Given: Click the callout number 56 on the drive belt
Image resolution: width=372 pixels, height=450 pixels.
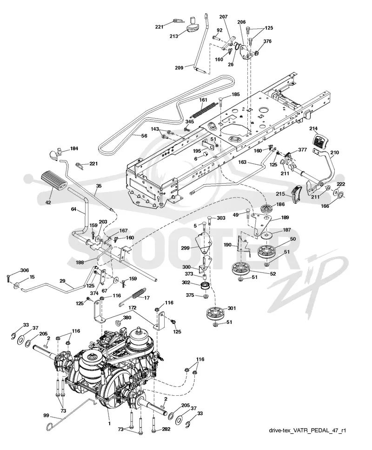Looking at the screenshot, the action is (x=144, y=136).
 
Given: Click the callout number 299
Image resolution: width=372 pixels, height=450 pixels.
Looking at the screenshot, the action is (x=185, y=248).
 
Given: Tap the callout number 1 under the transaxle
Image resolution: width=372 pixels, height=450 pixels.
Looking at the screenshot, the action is (x=109, y=423).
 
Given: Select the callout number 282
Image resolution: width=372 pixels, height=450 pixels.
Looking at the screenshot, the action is (x=166, y=429).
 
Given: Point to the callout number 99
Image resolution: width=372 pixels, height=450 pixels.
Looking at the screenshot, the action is (x=46, y=416).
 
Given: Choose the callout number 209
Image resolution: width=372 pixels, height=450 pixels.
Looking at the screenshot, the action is (x=179, y=68).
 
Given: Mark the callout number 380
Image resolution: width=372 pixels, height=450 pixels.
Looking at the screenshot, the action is (x=127, y=317).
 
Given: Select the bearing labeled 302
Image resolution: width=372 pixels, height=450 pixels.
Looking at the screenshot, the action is (x=205, y=286).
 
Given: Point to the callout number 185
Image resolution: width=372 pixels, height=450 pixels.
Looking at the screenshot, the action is (x=235, y=94).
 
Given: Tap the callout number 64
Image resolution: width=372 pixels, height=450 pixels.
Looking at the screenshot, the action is (x=73, y=209).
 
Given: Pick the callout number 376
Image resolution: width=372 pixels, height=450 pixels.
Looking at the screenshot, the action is (x=267, y=41).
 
